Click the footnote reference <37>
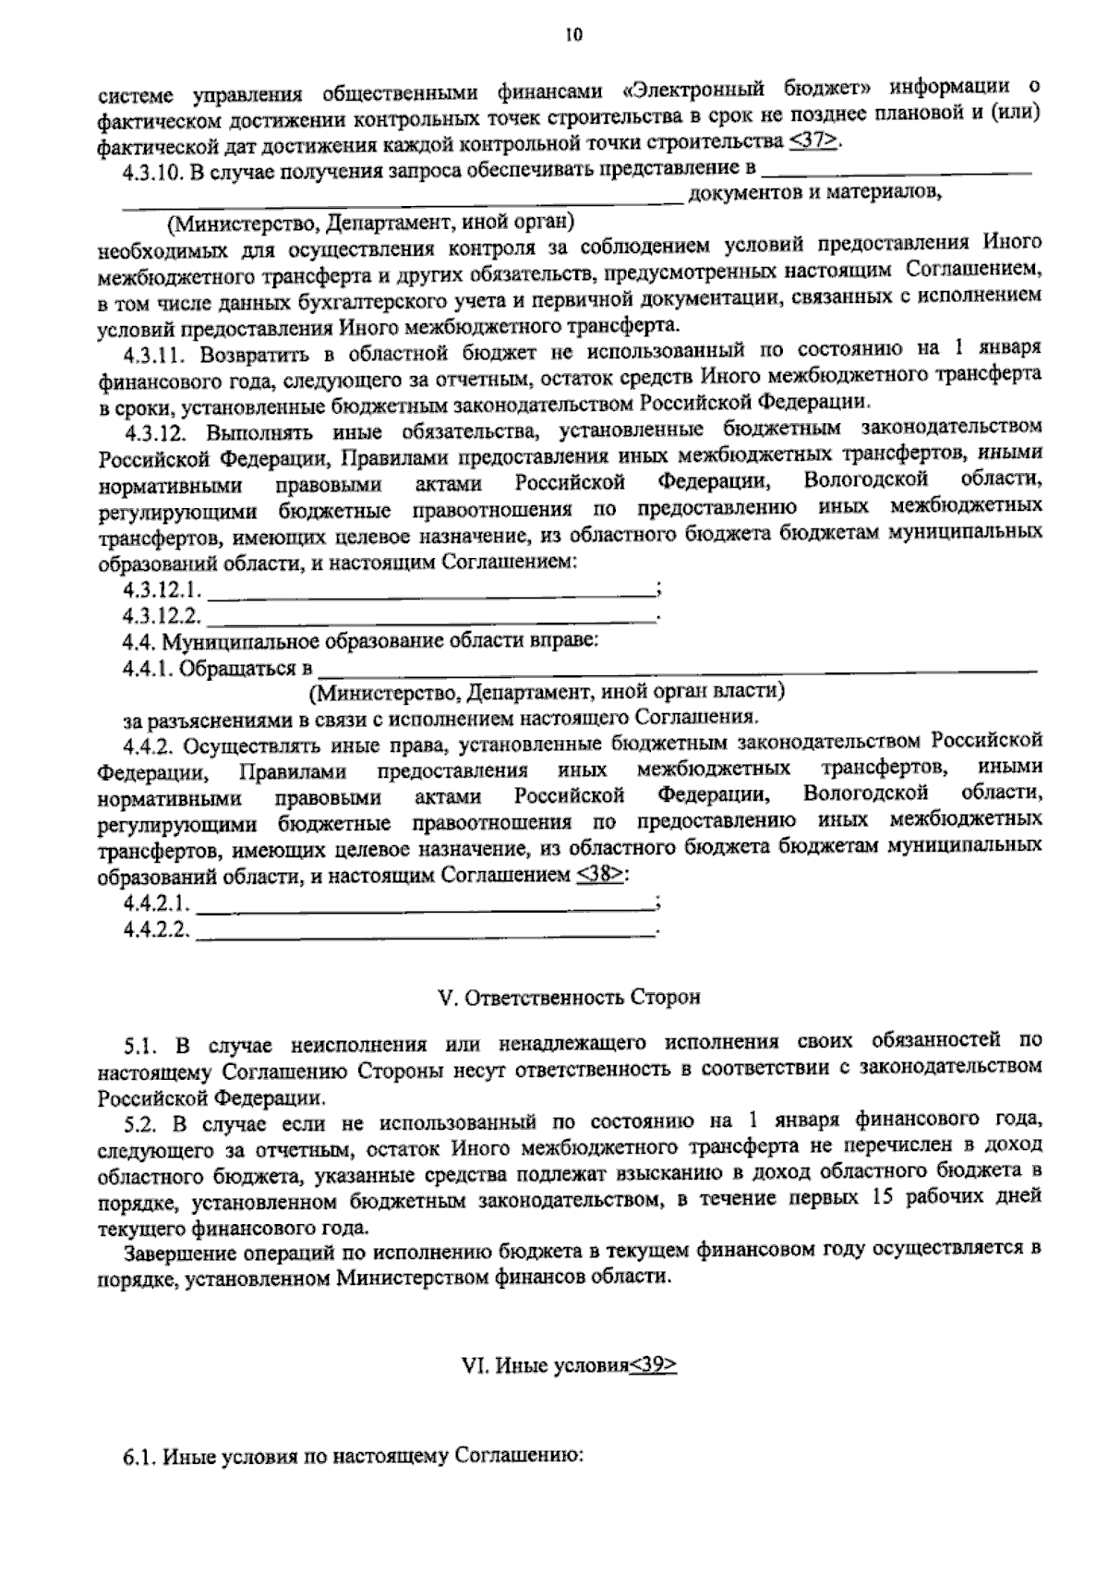pyautogui.click(x=815, y=142)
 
